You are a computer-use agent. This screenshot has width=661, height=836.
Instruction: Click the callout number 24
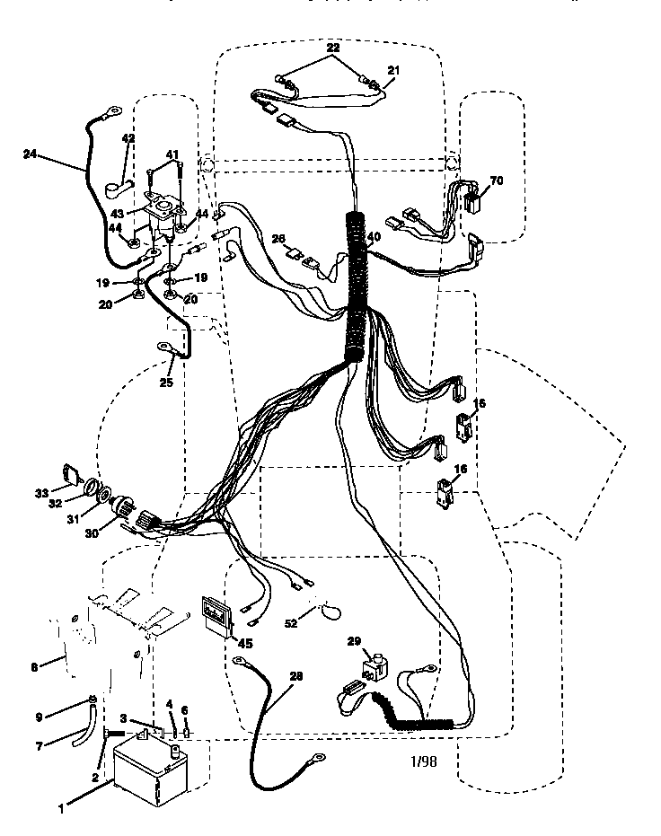(x=31, y=154)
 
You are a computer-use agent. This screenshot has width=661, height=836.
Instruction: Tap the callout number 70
(x=496, y=180)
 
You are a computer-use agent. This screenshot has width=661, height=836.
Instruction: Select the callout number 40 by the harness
(x=374, y=237)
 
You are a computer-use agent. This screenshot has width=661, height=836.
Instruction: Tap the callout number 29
(x=354, y=641)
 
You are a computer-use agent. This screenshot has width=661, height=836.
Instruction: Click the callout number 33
(x=41, y=493)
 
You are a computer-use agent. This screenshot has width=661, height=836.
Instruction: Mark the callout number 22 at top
(x=332, y=48)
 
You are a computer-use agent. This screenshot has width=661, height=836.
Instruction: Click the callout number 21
(x=393, y=69)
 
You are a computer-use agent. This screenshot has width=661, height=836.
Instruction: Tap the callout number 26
(x=278, y=239)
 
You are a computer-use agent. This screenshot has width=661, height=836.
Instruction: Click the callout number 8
(x=34, y=666)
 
